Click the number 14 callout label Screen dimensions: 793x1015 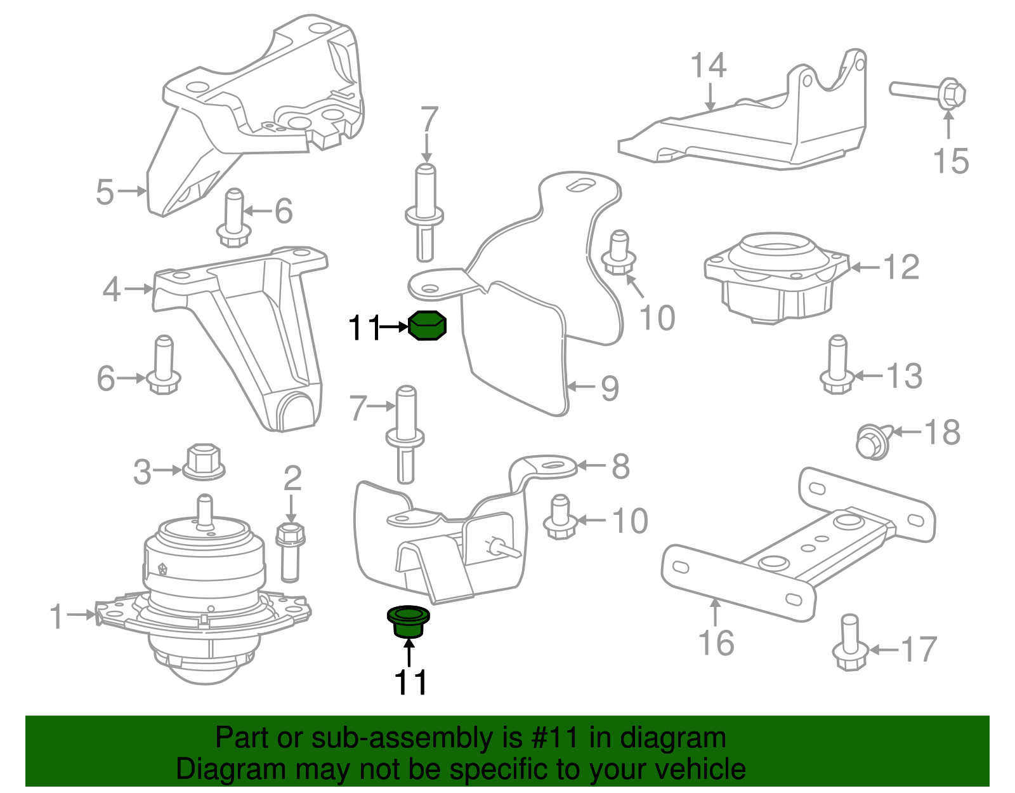709,66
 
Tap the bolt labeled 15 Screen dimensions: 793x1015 929,93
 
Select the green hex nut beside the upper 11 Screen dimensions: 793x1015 426,326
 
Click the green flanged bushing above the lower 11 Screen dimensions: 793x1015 408,620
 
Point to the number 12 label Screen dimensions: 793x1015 901,267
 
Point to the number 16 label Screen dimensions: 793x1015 716,643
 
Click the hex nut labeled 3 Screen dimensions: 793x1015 203,461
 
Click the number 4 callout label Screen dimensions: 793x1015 112,290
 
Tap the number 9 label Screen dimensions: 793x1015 609,388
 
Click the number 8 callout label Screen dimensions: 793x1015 620,467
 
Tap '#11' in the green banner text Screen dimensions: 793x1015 551,738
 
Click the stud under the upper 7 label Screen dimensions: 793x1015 425,213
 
